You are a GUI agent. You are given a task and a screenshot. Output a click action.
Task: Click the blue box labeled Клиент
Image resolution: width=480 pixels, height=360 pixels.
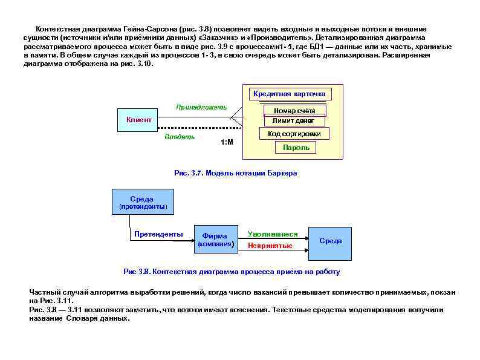coord(138,120)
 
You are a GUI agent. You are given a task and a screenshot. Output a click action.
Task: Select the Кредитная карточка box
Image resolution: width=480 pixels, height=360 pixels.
coord(290,94)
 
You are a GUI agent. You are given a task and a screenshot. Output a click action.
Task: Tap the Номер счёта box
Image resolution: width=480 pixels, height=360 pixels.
coord(294,111)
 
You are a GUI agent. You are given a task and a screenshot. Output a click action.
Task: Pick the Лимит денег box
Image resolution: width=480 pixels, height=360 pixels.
coord(294,121)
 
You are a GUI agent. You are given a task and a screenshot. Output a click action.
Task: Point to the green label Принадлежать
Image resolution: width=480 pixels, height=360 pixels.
coord(201,107)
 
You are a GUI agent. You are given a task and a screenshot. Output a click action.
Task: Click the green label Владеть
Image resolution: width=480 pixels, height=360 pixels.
coord(180,137)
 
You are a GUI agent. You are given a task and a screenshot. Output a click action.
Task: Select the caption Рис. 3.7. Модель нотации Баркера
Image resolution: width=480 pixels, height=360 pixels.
coord(236,173)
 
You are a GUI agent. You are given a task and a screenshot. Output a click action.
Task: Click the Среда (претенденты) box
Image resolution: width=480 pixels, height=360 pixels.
coord(142,202)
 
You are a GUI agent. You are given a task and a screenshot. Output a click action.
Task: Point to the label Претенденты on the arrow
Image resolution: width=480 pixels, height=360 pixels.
coord(158,234)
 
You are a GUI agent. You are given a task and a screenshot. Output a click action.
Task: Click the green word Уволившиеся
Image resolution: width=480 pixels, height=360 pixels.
coord(273,234)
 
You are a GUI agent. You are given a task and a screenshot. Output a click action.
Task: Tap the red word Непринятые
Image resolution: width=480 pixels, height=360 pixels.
coord(270,246)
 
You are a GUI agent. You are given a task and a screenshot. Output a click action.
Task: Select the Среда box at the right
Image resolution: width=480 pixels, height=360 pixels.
coord(330,241)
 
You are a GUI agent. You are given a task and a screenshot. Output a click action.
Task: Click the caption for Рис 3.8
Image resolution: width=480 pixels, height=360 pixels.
coord(232,272)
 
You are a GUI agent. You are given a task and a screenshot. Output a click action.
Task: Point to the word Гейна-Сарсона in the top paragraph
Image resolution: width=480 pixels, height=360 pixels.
coord(144,29)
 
